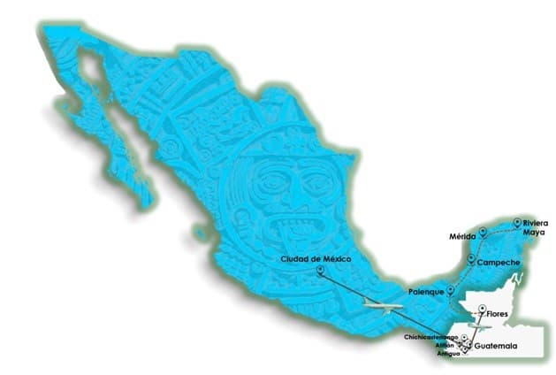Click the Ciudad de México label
(x=316, y=258)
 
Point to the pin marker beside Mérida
(x=483, y=233)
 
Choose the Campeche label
(x=497, y=263)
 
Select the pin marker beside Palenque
(x=450, y=289)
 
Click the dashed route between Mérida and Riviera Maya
(x=499, y=227)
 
